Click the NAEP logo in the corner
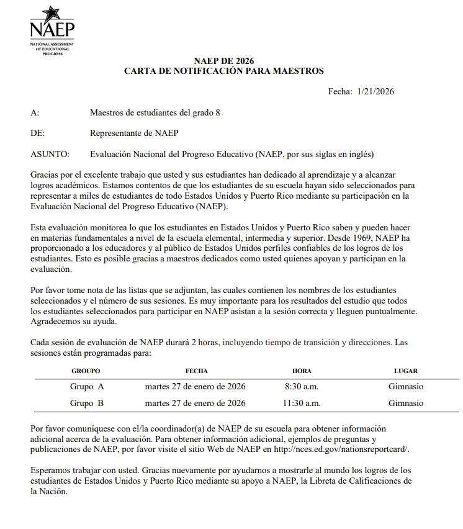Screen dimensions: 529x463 (x=52, y=30)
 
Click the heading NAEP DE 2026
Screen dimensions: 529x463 (x=224, y=61)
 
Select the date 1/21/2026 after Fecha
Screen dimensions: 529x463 (x=376, y=91)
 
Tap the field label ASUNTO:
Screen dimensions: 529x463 (x=50, y=154)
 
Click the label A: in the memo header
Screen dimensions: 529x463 (x=35, y=112)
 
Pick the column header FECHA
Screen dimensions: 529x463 (x=196, y=371)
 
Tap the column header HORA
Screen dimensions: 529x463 (x=302, y=371)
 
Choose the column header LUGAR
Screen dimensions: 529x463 (x=406, y=371)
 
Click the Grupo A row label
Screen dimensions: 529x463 (x=87, y=386)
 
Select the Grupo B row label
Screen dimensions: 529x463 (x=87, y=403)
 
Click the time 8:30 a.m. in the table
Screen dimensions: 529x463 (x=302, y=386)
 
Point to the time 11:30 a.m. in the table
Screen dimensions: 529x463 (x=302, y=403)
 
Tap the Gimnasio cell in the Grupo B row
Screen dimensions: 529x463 (x=406, y=403)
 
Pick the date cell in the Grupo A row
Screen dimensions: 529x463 (x=195, y=386)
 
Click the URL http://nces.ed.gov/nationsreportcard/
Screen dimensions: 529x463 (x=341, y=449)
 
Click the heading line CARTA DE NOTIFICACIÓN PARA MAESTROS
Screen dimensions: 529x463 (x=224, y=71)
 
